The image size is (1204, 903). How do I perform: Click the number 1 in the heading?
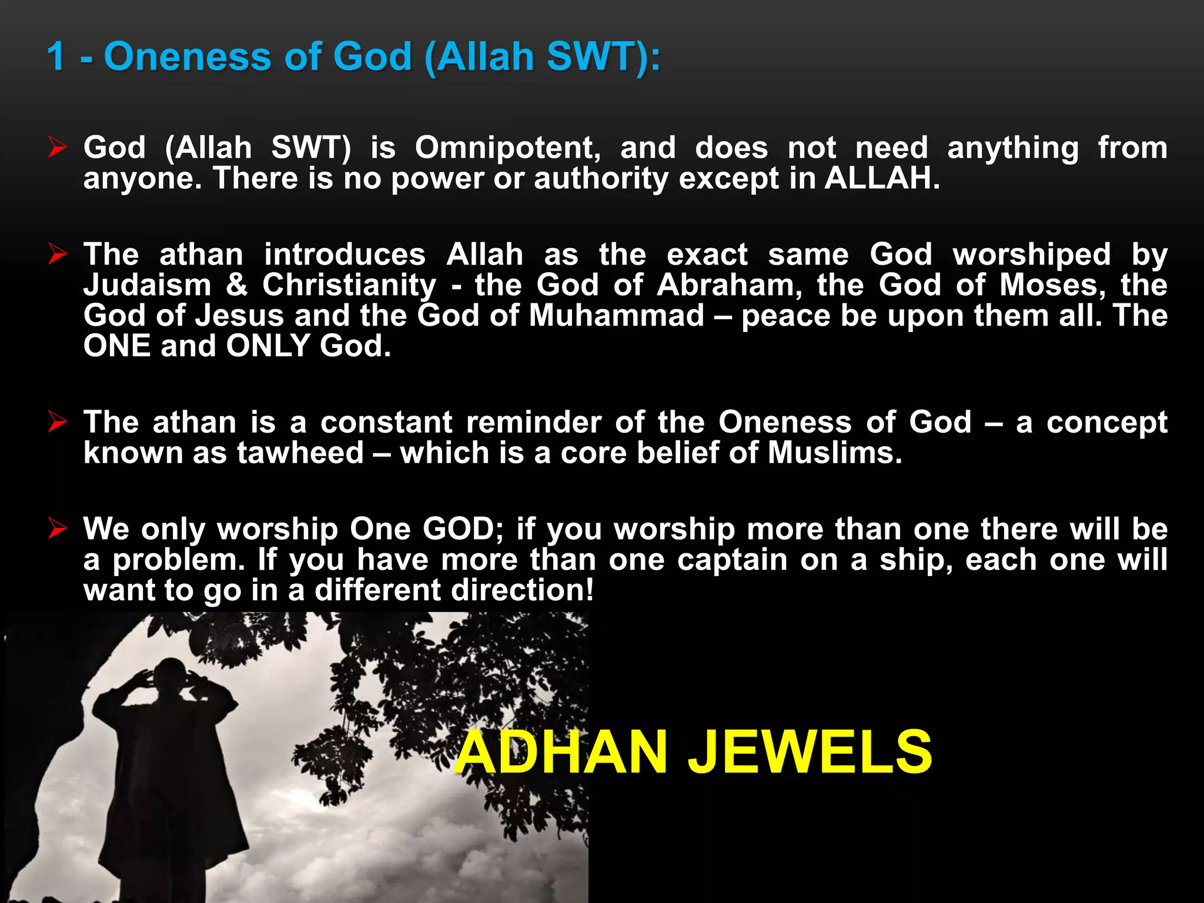57,57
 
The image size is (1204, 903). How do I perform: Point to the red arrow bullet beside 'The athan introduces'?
58,254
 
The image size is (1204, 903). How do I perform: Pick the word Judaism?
148,285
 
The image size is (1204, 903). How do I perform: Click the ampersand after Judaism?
237,285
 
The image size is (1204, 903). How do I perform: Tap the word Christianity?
350,286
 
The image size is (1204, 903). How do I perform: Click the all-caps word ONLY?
268,346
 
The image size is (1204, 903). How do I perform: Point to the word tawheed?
300,453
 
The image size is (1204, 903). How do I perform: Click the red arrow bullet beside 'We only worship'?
58,529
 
